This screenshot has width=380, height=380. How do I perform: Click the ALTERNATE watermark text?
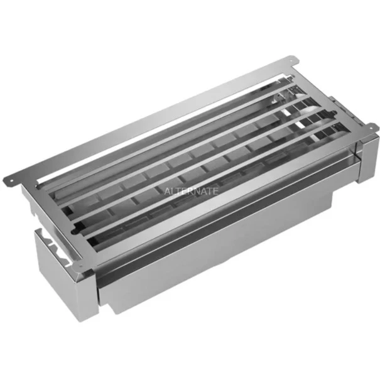tap(191, 191)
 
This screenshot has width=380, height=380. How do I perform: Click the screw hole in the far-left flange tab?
tap(11, 180)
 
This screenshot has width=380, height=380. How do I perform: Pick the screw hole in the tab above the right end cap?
tap(371, 127)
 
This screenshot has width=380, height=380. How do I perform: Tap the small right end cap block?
tap(367, 158)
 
